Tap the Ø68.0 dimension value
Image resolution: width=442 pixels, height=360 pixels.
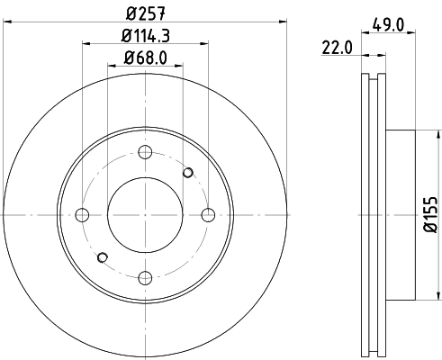click(x=145, y=60)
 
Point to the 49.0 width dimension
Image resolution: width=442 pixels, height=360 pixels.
click(x=392, y=26)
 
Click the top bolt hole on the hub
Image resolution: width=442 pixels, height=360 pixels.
click(x=145, y=152)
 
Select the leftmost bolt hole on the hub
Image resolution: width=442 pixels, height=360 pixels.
click(x=83, y=214)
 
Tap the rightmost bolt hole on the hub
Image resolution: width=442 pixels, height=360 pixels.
click(x=208, y=214)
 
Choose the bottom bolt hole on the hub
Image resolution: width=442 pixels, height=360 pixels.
click(x=145, y=276)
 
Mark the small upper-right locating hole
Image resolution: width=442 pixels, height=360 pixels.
click(x=188, y=172)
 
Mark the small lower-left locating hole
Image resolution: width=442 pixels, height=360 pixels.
click(x=102, y=257)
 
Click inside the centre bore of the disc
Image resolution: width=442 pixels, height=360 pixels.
click(x=145, y=214)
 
